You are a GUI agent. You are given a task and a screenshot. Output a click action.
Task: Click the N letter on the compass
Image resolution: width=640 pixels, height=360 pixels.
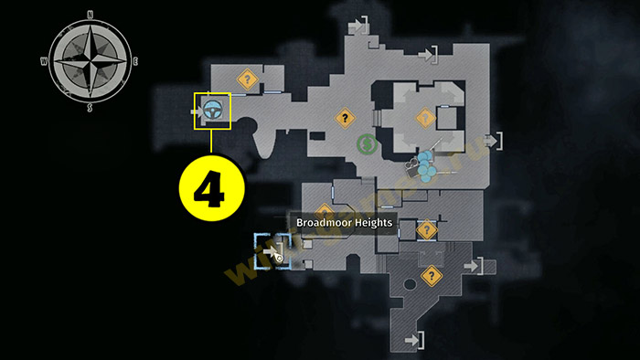point(89,15)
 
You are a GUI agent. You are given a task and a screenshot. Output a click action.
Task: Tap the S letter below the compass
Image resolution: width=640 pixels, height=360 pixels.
point(90,107)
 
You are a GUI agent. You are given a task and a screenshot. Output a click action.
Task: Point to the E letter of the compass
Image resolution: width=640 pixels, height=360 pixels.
point(135,60)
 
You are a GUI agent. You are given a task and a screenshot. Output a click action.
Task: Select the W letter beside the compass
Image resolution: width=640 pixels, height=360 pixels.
point(43,61)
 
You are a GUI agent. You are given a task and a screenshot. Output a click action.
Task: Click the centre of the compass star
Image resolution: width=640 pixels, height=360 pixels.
point(90,60)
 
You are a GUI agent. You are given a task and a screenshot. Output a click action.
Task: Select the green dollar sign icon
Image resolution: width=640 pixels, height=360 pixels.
point(366,143)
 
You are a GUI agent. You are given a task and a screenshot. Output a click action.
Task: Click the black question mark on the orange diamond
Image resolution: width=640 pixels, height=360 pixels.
point(344,117)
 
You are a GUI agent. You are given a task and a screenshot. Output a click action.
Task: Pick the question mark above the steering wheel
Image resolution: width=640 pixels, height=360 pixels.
point(245,79)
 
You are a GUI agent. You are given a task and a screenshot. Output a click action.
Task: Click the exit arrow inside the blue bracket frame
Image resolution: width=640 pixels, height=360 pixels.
point(272,249)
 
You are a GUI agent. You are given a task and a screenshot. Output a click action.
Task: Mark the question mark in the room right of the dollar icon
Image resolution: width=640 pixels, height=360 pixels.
point(423,117)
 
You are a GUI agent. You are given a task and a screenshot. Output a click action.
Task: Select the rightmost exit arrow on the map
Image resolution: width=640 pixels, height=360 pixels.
point(494,141)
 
